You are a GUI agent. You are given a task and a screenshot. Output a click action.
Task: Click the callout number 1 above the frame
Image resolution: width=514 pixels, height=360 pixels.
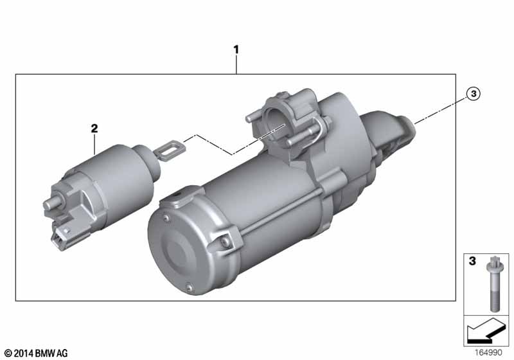[x=236, y=50]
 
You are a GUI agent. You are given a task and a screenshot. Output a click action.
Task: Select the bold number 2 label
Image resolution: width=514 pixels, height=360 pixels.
[x=94, y=128]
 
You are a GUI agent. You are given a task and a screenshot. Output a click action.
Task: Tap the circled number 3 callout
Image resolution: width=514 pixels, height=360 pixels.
[x=474, y=94]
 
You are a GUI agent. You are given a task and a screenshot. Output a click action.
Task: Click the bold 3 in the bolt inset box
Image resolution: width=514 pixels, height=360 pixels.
[x=472, y=261]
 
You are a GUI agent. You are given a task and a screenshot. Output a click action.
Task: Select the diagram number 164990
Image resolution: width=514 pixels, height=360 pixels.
[x=488, y=352]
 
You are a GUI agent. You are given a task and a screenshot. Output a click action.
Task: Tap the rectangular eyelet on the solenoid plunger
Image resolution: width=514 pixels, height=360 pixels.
[x=170, y=151]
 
